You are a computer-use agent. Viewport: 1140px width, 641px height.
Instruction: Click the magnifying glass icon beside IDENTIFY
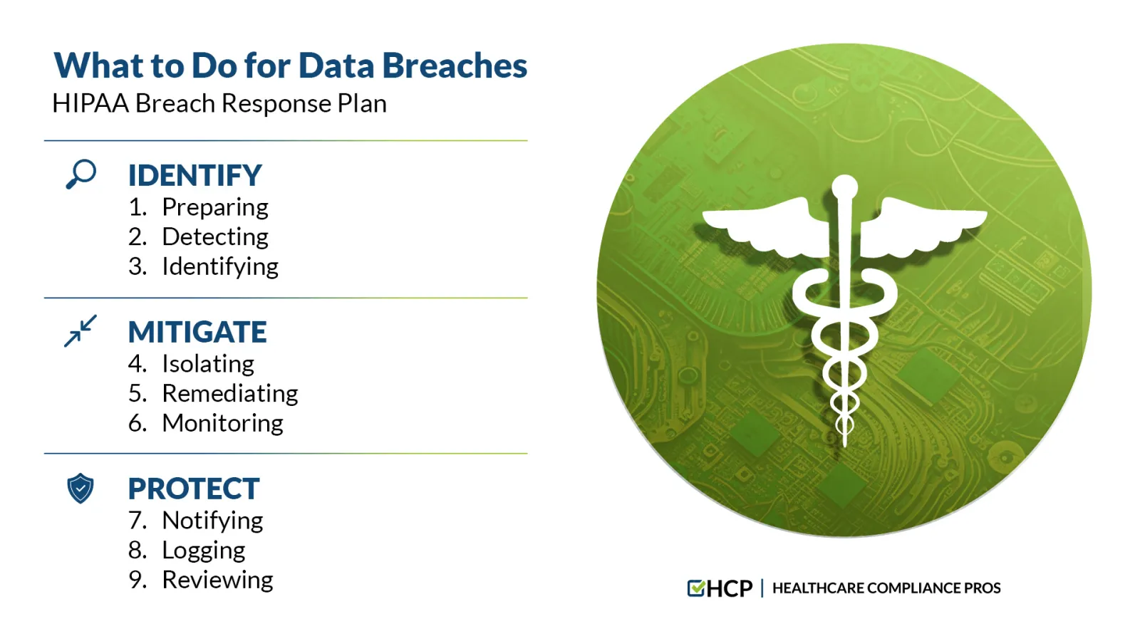81,174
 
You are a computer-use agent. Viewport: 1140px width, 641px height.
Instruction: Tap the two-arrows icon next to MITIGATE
81,331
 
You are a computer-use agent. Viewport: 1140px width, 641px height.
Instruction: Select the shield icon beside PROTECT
81,489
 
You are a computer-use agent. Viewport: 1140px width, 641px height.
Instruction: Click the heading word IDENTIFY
195,175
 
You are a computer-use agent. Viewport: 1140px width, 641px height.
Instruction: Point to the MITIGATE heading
197,332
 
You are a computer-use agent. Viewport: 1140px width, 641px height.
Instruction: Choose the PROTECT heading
194,489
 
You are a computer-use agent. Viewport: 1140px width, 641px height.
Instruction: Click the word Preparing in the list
215,207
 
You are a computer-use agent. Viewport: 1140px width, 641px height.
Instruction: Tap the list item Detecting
215,237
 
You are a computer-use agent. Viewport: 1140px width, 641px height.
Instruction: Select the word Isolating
208,364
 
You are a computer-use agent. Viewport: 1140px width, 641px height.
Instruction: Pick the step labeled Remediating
230,394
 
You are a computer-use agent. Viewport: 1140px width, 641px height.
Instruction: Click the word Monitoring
223,423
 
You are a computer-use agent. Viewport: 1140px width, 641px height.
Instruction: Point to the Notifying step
213,521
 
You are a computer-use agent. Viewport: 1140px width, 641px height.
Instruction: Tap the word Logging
204,551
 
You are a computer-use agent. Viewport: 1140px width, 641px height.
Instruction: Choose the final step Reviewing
218,580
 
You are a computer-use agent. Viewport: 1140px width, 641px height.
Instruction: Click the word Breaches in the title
455,66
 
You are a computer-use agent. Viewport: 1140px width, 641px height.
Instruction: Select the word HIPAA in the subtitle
90,104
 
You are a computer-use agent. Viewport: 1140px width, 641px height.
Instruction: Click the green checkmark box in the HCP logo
695,588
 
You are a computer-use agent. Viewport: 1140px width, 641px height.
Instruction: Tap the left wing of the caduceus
766,227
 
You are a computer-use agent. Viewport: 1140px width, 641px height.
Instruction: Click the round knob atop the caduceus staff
845,187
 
